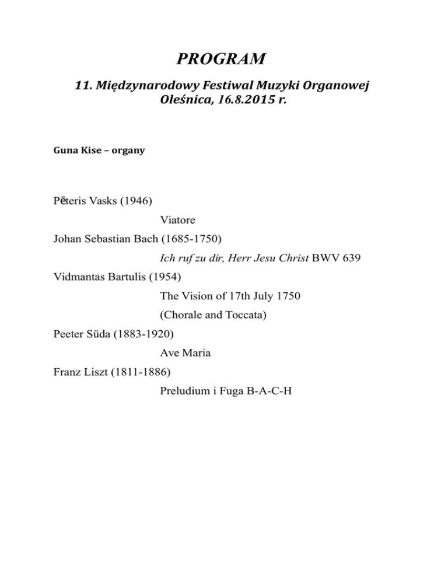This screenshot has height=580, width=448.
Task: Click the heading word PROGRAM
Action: pos(224,59)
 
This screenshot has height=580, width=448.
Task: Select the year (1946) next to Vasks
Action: pos(135,202)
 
